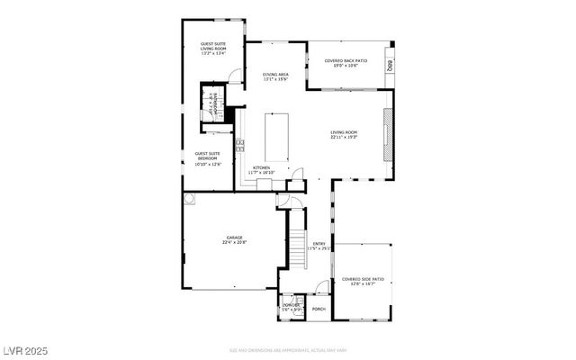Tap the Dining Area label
[275, 76]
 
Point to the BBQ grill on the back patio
[390, 66]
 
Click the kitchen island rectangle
[278, 140]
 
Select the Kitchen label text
[261, 169]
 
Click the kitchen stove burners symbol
[239, 144]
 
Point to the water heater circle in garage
[190, 198]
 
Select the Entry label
[319, 246]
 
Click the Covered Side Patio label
[363, 282]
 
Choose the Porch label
[319, 309]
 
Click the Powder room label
[291, 307]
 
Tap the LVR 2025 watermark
[25, 349]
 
